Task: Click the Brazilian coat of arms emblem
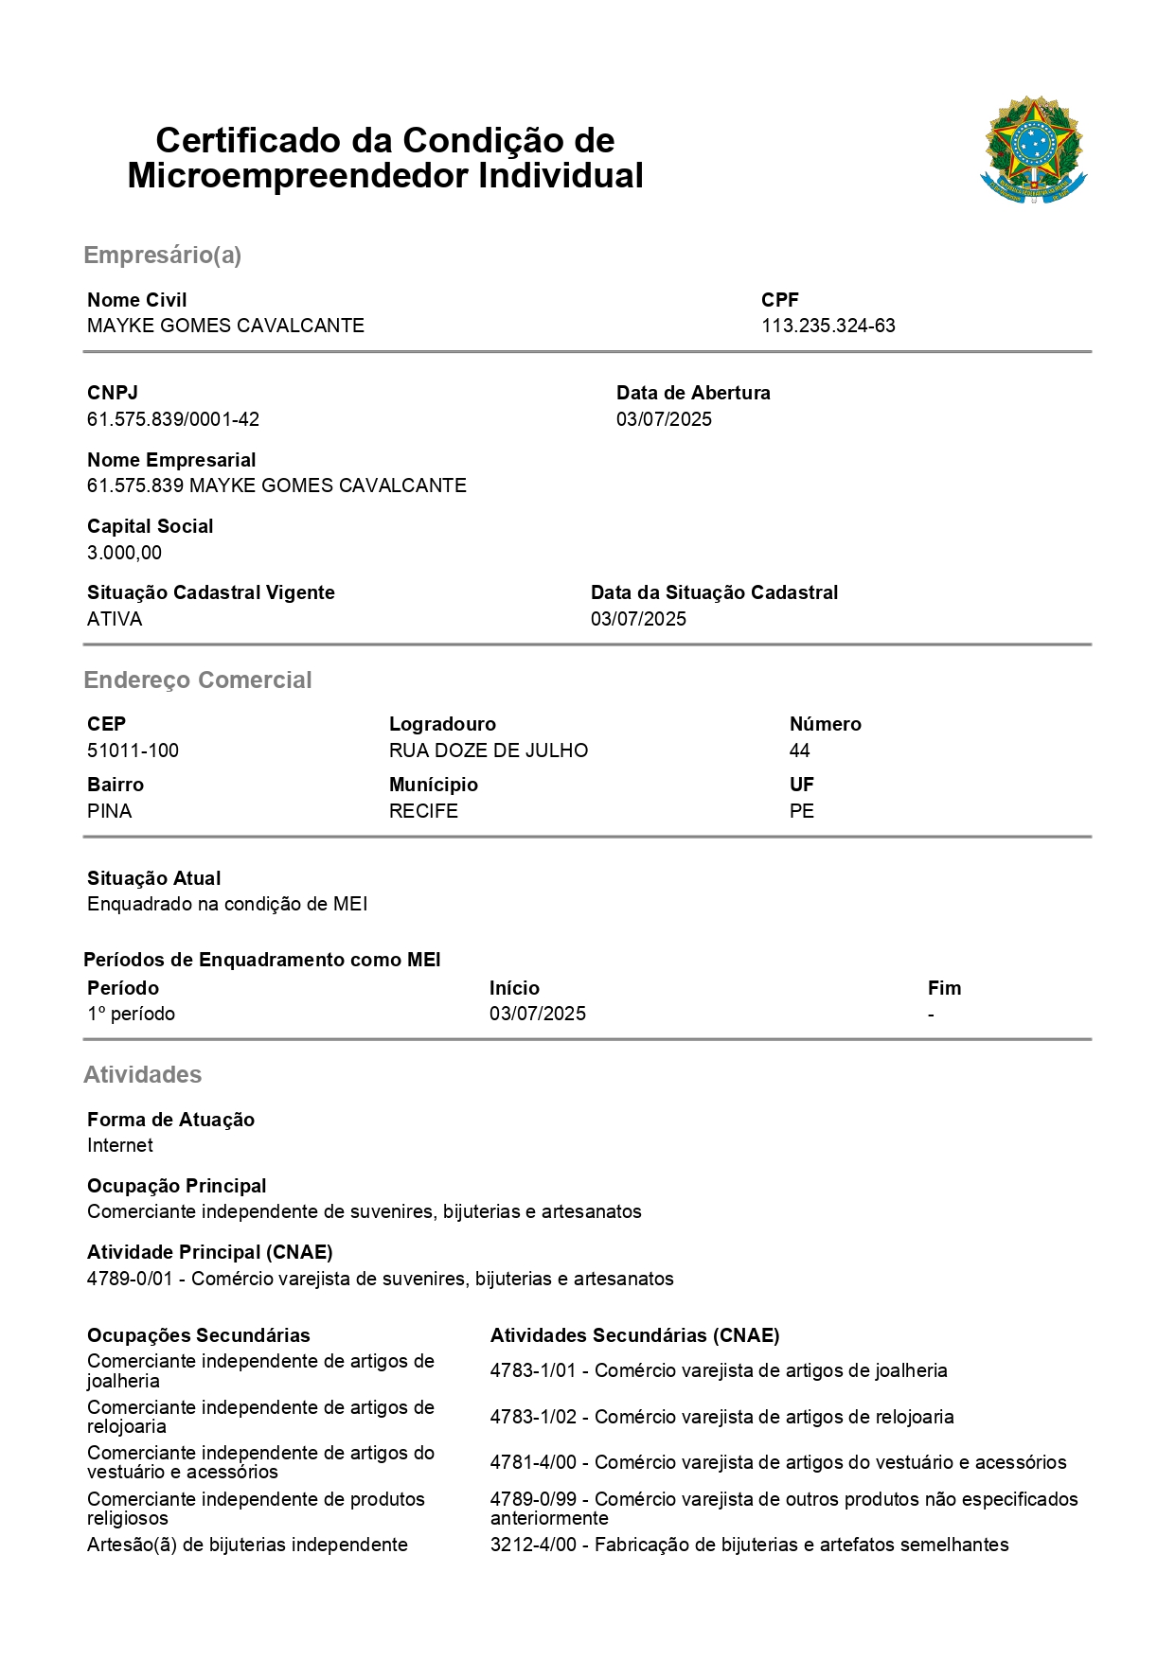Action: click(x=1033, y=150)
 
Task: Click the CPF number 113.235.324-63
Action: click(x=828, y=326)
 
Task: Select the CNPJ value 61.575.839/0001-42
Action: click(x=173, y=419)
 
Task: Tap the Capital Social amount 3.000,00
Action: click(x=124, y=553)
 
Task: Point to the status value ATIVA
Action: click(x=115, y=619)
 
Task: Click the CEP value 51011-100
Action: click(x=133, y=751)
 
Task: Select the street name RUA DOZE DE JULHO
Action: click(x=488, y=751)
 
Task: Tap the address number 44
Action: click(x=799, y=751)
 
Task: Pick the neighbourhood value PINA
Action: click(x=109, y=811)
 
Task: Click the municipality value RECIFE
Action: click(x=423, y=811)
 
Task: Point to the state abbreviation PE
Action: click(x=801, y=811)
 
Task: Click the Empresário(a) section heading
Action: click(x=162, y=255)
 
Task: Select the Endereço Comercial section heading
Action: click(x=197, y=680)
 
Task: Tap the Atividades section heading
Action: click(x=142, y=1074)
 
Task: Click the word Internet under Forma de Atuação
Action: click(x=120, y=1145)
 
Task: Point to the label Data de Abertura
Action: click(x=693, y=393)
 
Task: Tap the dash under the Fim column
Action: click(x=931, y=1015)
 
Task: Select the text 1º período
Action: click(x=131, y=1014)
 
